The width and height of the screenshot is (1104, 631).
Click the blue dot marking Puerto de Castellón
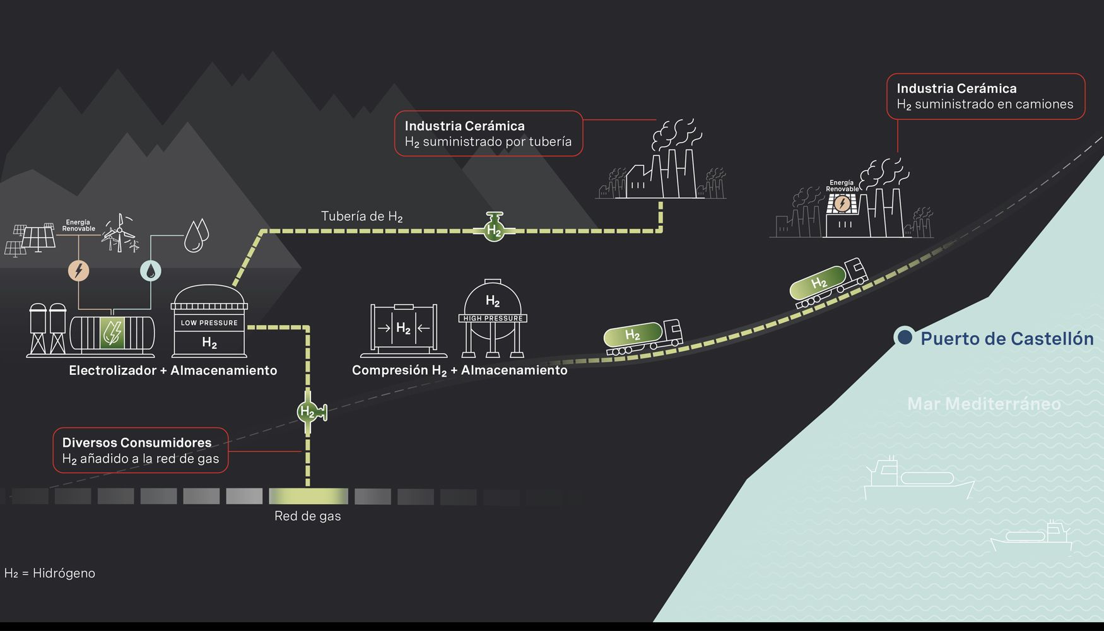(x=905, y=337)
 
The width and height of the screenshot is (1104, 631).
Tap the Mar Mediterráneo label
(x=984, y=404)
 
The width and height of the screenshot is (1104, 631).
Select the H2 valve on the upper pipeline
(x=494, y=228)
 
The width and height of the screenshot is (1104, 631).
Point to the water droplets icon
(x=196, y=235)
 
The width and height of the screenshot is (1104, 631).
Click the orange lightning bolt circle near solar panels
(x=79, y=271)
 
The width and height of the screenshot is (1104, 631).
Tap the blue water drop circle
(x=150, y=271)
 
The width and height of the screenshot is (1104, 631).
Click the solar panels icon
(x=29, y=239)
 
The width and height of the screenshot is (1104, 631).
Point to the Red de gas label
(x=308, y=516)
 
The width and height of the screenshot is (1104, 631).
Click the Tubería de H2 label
(x=361, y=216)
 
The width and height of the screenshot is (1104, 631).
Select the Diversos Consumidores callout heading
(x=137, y=442)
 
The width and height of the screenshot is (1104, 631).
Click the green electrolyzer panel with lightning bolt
(x=112, y=333)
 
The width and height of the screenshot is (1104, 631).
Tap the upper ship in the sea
(x=918, y=479)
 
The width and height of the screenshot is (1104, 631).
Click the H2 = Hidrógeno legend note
(x=50, y=574)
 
